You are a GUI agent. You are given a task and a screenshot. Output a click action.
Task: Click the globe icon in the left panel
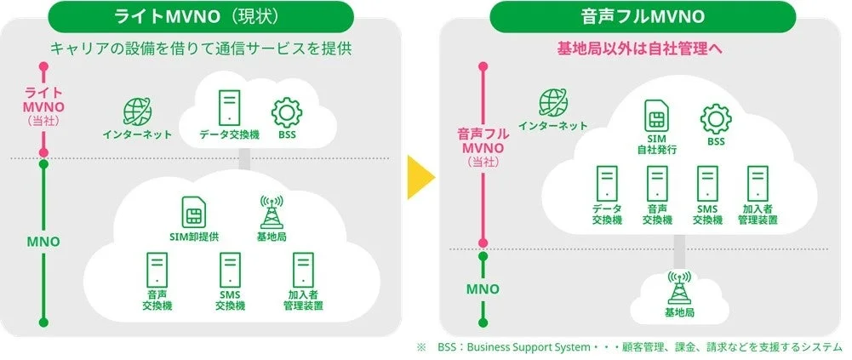(x=137, y=111)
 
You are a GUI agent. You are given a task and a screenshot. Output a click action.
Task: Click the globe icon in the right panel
(x=553, y=103)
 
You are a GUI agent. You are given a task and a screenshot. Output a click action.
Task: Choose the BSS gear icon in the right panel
(x=715, y=118)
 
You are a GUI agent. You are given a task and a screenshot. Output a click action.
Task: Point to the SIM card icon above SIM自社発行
(x=656, y=115)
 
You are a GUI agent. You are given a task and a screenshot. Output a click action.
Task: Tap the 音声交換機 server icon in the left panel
(x=157, y=270)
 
